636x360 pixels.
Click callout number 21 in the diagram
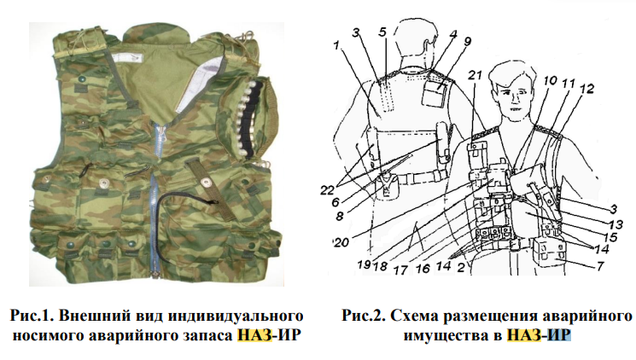tap(475, 75)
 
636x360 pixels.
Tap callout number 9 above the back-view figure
tap(467, 41)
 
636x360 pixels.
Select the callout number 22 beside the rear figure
tap(328, 189)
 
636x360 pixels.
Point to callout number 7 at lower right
tap(600, 265)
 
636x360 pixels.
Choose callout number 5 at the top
tap(382, 32)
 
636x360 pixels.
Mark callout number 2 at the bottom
tap(461, 267)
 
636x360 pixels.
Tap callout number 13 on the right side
tap(616, 224)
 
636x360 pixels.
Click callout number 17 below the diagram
tap(400, 269)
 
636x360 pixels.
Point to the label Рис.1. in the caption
tap(32, 316)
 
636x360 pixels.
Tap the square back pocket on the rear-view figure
tap(434, 94)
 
